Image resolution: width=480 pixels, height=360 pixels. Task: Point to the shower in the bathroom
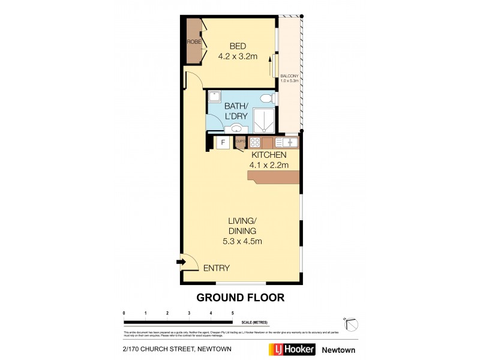[264, 121]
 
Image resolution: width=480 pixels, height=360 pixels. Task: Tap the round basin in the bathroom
[236, 128]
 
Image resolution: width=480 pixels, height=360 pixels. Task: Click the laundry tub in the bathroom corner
[215, 98]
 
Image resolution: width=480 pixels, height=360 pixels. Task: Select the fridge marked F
[223, 143]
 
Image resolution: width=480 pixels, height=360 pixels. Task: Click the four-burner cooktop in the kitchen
[254, 143]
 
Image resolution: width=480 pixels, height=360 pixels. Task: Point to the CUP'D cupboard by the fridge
[240, 142]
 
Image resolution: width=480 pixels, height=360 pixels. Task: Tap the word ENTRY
[217, 268]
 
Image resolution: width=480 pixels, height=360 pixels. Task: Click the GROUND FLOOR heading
[240, 298]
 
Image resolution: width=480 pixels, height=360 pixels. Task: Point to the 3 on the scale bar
[189, 313]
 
